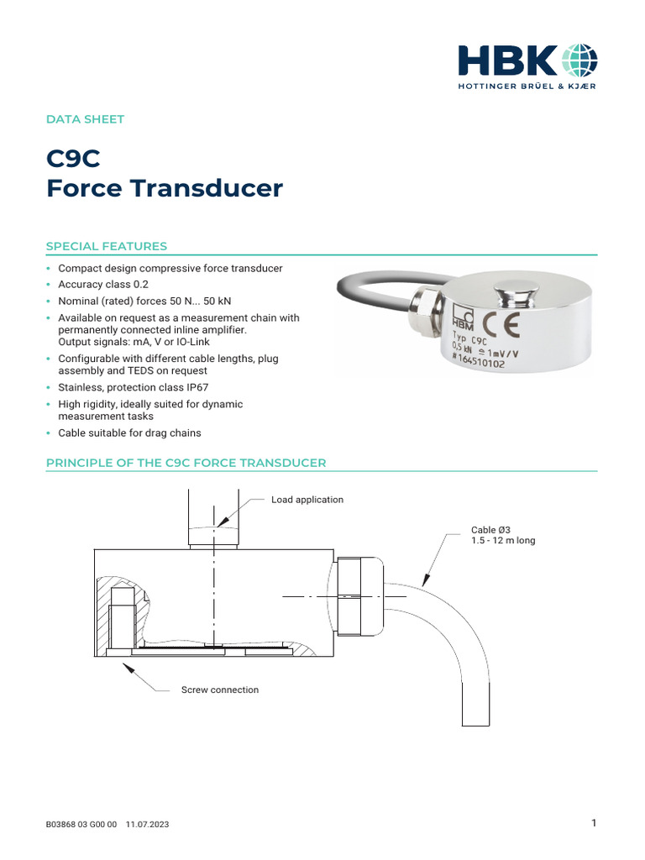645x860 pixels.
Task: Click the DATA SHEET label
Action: click(85, 119)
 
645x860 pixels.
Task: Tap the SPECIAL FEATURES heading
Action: click(106, 246)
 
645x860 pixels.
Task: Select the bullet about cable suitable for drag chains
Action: click(129, 433)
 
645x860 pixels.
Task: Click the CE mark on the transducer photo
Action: click(499, 324)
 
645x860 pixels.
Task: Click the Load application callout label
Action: click(307, 500)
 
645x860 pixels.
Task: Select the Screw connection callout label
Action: click(220, 690)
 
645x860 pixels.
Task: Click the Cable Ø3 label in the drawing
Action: click(490, 530)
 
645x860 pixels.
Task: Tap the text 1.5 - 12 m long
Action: click(503, 541)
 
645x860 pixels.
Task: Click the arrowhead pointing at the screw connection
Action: click(128, 667)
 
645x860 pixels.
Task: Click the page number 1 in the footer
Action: click(594, 823)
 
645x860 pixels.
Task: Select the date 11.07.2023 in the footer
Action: click(147, 825)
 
